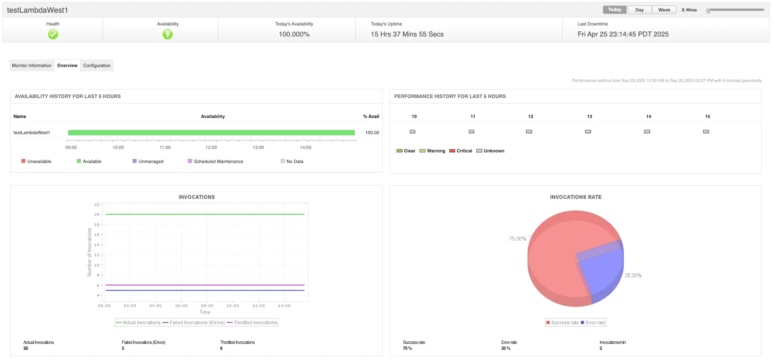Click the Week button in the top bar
[664, 10]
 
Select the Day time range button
[639, 10]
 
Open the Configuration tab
[97, 65]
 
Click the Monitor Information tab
[31, 65]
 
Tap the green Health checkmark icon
[53, 34]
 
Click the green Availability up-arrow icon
[168, 34]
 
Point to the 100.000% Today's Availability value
[294, 34]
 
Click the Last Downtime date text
[623, 34]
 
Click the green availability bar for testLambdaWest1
[211, 132]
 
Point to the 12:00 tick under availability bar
[211, 147]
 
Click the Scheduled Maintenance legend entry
[218, 161]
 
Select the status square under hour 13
[588, 132]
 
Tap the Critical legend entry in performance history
[464, 151]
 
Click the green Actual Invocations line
[205, 214]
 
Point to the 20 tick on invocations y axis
[97, 214]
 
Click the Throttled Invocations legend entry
[255, 323]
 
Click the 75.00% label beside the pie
[518, 239]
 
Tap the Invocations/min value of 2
[601, 348]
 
